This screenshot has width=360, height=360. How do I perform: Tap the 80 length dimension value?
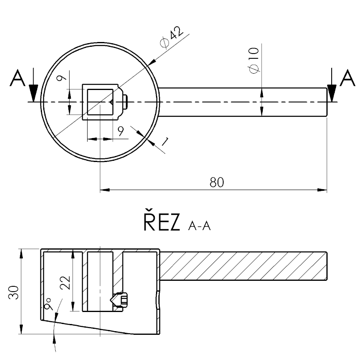tap(217, 182)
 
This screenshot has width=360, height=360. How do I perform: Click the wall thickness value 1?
tap(164, 140)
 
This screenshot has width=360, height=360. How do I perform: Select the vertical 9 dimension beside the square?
tap(60, 79)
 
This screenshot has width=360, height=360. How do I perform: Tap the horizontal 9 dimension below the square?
tap(121, 130)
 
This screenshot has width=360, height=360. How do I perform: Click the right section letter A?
tap(347, 79)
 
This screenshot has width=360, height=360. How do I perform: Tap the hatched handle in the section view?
tap(244, 266)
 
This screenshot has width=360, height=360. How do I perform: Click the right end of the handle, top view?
tap(326, 102)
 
